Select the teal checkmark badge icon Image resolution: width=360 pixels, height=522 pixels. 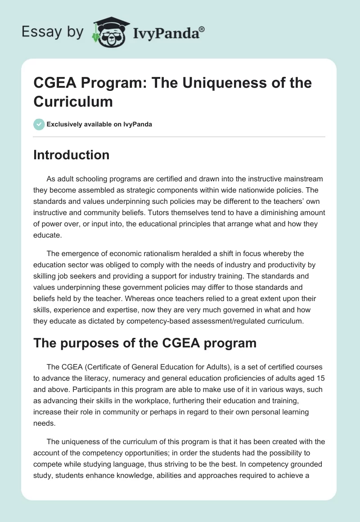(39, 124)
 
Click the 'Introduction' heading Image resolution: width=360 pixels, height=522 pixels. (72, 155)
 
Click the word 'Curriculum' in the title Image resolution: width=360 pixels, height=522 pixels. (72, 101)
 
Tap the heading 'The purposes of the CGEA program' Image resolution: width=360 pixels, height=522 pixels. (145, 343)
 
